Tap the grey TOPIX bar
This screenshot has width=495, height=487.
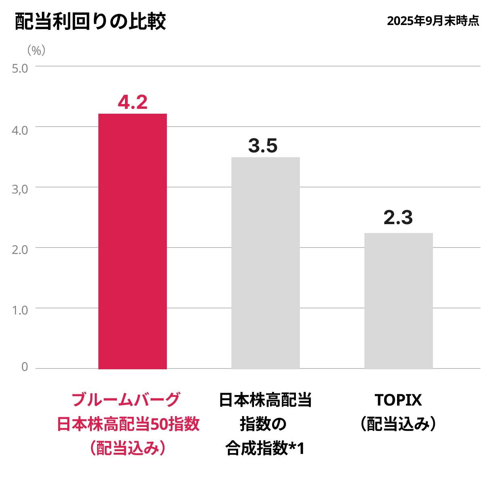[398, 301]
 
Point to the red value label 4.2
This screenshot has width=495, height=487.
[133, 102]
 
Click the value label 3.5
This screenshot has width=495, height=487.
[263, 146]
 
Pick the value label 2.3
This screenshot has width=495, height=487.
[398, 218]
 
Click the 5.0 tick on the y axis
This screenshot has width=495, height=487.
[20, 68]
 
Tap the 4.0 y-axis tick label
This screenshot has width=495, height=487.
[20, 130]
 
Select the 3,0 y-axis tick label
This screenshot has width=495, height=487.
[20, 189]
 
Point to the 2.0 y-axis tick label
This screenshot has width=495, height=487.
[20, 250]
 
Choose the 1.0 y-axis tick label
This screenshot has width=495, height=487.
[20, 310]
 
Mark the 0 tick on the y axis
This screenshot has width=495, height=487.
[25, 367]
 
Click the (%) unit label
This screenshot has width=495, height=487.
[36, 50]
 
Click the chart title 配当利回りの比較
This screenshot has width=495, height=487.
[90, 21]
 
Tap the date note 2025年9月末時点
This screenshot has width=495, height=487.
[433, 21]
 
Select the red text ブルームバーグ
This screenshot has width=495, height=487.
[126, 400]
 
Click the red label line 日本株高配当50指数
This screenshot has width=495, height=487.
[128, 424]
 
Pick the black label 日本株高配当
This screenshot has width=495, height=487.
[265, 400]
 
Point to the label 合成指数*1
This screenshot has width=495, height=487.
[265, 448]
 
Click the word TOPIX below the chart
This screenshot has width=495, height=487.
[398, 400]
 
